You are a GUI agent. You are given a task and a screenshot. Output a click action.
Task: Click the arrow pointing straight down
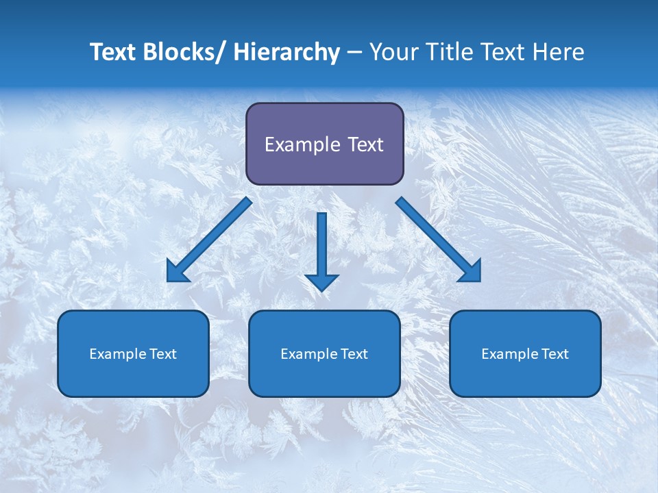point(321,250)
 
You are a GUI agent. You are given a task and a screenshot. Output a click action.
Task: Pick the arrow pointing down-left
point(209,240)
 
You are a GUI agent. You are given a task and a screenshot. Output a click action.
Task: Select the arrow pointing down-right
point(439,240)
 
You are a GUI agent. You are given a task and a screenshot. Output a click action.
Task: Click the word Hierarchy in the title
point(286,52)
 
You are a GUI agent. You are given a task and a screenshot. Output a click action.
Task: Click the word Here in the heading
point(560,52)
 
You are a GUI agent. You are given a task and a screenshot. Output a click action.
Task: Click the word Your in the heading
point(393,52)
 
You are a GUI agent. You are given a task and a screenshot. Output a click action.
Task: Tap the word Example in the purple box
point(302,144)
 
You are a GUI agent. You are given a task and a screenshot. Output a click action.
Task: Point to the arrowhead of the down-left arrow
point(176,273)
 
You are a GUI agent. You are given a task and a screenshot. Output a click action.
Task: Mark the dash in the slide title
point(354,52)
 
